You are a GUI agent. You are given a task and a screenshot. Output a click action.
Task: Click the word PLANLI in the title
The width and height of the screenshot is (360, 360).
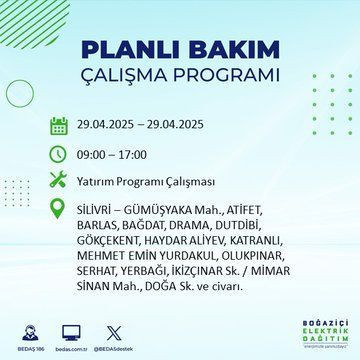click(x=132, y=50)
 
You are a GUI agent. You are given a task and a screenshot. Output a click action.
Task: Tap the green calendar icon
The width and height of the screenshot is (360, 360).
click(x=59, y=125)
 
